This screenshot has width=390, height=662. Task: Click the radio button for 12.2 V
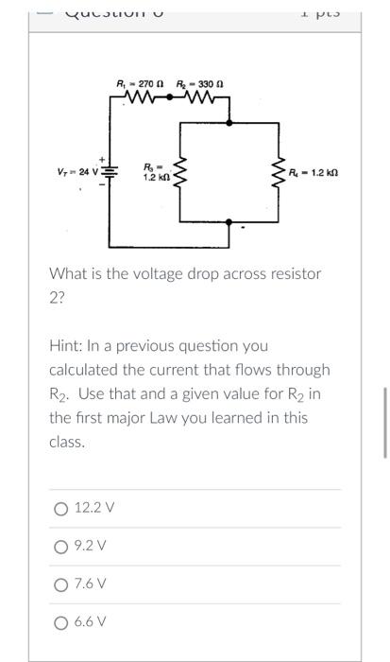(x=60, y=508)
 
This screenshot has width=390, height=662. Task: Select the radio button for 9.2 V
(x=60, y=546)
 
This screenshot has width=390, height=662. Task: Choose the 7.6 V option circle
(x=60, y=584)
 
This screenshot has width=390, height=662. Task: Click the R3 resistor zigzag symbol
(x=185, y=172)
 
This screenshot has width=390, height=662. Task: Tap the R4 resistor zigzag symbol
(x=279, y=172)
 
